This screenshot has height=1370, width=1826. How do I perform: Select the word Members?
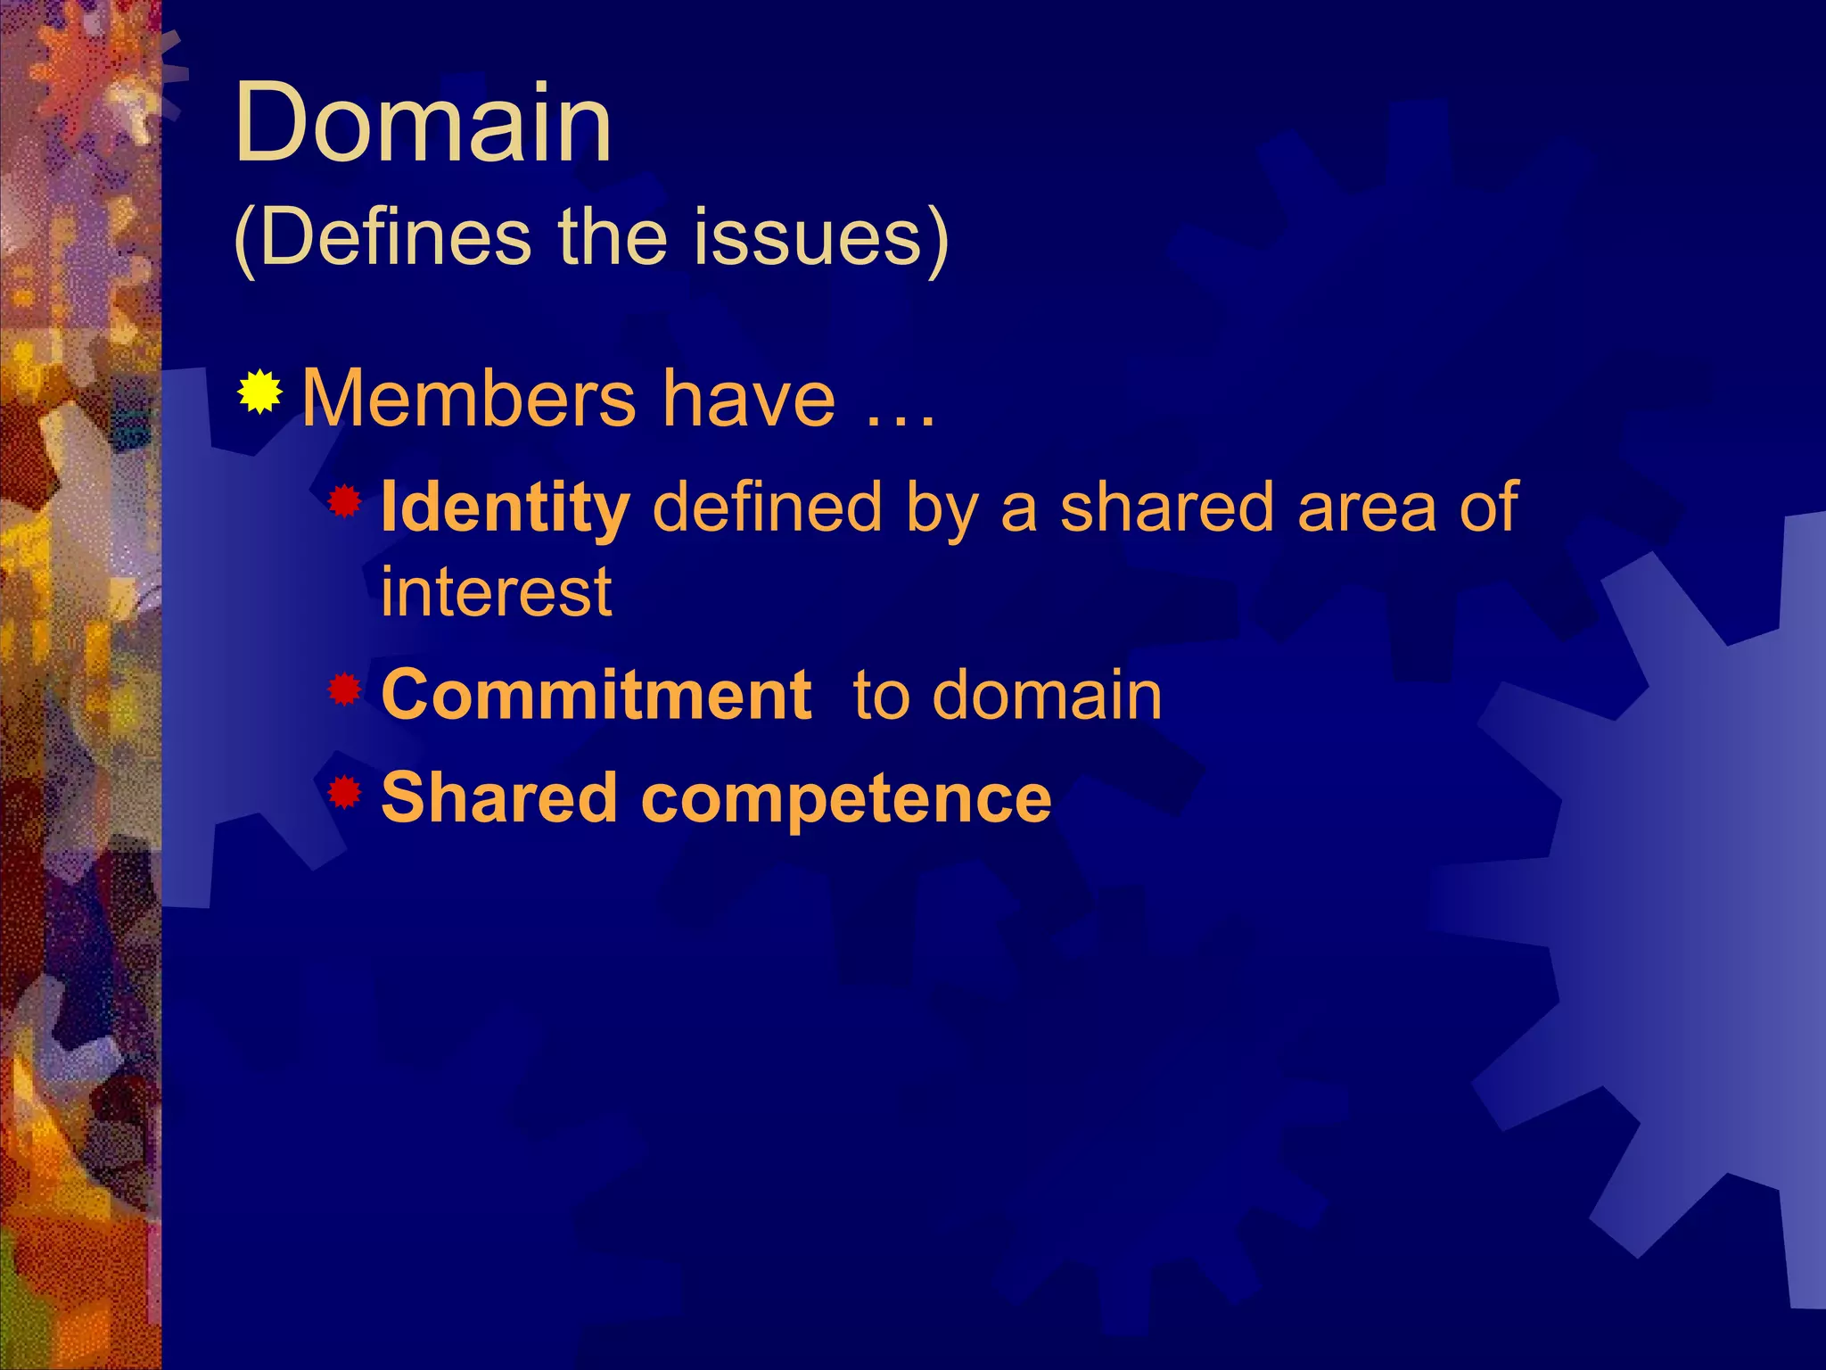pyautogui.click(x=469, y=399)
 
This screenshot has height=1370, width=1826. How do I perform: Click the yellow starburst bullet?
pyautogui.click(x=259, y=392)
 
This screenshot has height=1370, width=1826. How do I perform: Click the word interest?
pyautogui.click(x=497, y=591)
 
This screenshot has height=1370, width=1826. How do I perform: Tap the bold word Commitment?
pyautogui.click(x=596, y=695)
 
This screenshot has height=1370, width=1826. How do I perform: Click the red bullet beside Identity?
pyautogui.click(x=344, y=501)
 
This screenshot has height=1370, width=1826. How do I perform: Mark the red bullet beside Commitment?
pyautogui.click(x=344, y=689)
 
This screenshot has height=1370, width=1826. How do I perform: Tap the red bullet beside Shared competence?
pyautogui.click(x=344, y=791)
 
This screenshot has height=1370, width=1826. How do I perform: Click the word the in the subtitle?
pyautogui.click(x=613, y=237)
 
